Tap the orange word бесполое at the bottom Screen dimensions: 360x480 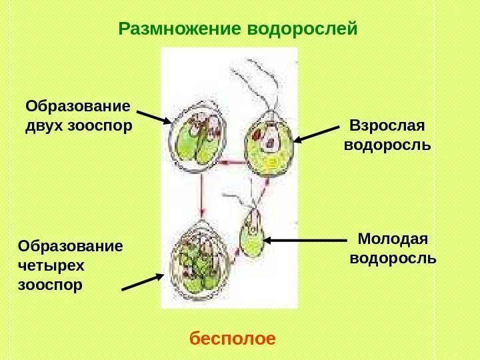click(233, 339)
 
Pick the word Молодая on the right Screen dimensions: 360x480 click(393, 239)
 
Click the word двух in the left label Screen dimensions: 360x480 click(44, 125)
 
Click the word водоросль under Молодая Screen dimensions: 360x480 click(393, 257)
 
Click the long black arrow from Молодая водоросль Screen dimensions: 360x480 click(306, 239)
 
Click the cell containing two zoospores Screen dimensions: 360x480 click(197, 140)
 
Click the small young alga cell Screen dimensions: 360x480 click(253, 234)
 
